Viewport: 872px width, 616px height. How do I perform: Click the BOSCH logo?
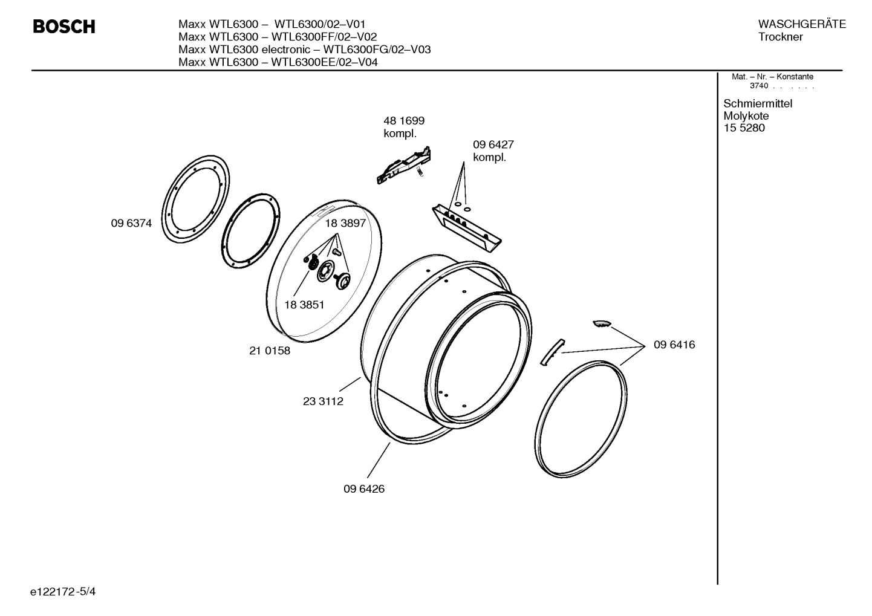click(63, 27)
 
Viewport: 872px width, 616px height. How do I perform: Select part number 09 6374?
click(131, 223)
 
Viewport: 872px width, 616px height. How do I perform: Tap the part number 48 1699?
click(404, 121)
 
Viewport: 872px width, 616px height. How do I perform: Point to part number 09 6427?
click(493, 145)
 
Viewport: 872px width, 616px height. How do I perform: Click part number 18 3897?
click(345, 223)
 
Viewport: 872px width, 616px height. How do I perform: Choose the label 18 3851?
click(304, 305)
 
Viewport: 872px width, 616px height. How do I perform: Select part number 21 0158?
click(270, 351)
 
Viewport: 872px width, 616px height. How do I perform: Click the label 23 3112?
click(323, 401)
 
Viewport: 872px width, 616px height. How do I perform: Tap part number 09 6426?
click(364, 488)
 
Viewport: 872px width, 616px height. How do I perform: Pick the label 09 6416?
click(674, 345)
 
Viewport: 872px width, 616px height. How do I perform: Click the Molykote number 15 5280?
click(744, 128)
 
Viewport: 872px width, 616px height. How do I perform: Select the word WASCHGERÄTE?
click(801, 24)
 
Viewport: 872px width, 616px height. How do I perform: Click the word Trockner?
click(781, 37)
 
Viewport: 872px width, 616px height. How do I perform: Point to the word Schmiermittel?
click(758, 103)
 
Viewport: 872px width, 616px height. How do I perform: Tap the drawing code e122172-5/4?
click(63, 591)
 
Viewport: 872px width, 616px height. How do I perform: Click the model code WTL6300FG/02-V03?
click(377, 50)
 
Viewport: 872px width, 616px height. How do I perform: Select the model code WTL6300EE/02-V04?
click(324, 62)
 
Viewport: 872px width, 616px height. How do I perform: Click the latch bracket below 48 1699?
click(404, 164)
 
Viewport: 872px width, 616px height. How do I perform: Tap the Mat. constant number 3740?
click(758, 86)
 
